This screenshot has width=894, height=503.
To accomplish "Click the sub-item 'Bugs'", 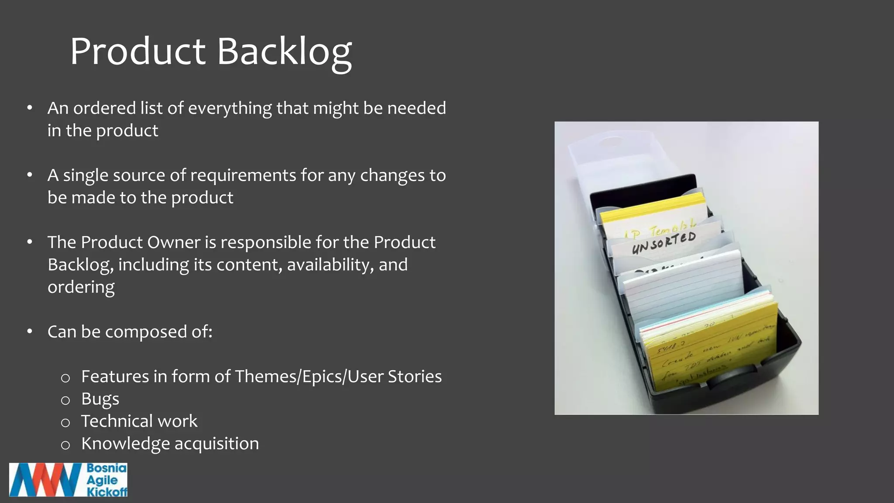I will click(100, 399).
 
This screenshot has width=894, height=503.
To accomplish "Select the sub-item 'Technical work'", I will click(139, 421).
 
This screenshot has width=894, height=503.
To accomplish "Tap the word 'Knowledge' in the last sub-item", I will click(125, 444).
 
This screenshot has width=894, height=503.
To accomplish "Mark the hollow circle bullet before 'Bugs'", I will click(65, 400).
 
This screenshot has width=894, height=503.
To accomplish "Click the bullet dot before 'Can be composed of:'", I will click(30, 331).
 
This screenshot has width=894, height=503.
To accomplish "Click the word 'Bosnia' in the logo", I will click(107, 469).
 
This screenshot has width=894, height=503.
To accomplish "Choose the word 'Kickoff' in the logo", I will click(107, 492).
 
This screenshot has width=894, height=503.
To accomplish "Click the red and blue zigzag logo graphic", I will click(46, 480).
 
